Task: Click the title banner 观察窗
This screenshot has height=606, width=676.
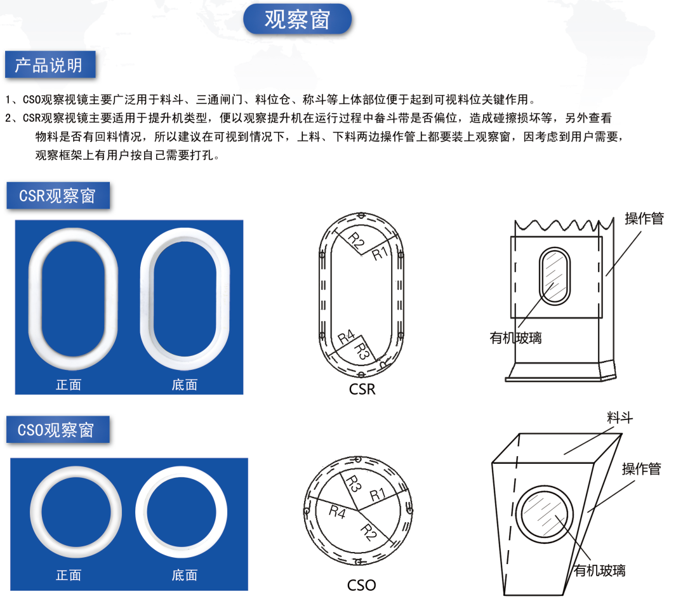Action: click(x=298, y=20)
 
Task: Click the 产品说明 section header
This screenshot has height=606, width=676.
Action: click(x=50, y=65)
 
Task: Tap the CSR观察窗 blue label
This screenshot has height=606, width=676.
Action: click(x=58, y=195)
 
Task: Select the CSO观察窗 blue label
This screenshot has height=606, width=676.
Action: click(x=58, y=430)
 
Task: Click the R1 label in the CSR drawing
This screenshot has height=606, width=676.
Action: click(x=380, y=253)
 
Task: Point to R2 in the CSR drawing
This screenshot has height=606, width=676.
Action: click(x=355, y=240)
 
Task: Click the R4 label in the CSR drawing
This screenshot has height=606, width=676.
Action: click(x=346, y=336)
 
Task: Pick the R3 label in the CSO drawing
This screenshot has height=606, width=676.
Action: click(x=354, y=484)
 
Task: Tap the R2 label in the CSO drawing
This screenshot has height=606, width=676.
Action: click(x=368, y=532)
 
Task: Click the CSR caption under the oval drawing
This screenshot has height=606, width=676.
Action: click(x=362, y=389)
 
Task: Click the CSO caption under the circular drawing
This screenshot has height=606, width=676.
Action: click(x=362, y=585)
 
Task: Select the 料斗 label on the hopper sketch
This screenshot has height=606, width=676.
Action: click(x=620, y=417)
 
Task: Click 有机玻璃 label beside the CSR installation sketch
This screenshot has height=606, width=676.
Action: click(x=515, y=338)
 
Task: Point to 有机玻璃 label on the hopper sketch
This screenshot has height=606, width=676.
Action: click(x=600, y=570)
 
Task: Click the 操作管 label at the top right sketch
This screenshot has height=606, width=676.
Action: click(x=644, y=218)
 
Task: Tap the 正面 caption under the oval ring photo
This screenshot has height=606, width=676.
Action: click(x=69, y=385)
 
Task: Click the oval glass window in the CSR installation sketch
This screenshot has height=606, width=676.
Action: click(x=555, y=276)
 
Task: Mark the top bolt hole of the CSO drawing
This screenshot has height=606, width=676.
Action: click(x=358, y=459)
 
